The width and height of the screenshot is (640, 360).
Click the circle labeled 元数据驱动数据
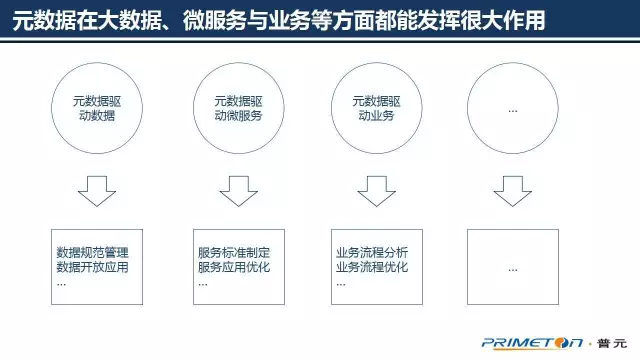(x=96, y=107)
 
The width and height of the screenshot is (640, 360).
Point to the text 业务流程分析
(x=373, y=251)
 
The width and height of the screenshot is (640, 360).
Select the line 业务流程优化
(x=373, y=267)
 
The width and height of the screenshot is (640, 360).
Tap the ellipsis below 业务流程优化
(x=341, y=283)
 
